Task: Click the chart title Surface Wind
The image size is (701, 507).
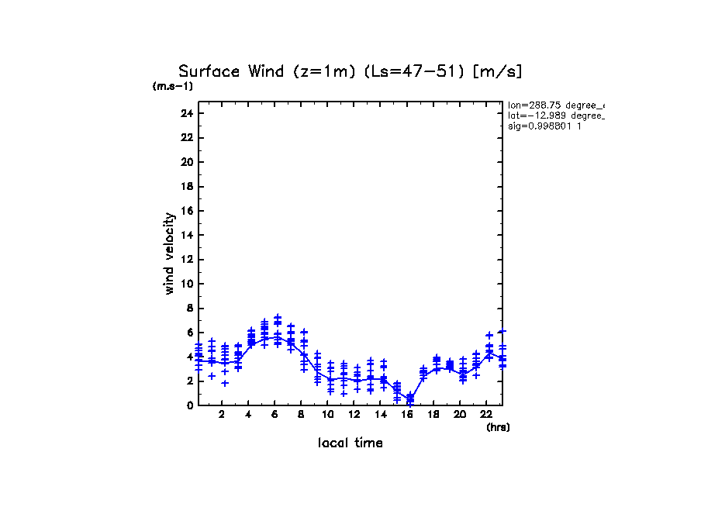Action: pos(233,72)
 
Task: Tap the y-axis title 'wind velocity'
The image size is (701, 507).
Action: pos(169,253)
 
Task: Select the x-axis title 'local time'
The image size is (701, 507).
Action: pos(350,443)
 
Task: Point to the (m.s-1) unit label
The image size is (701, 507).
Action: pos(173,87)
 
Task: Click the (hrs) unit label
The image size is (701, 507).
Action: pos(498,427)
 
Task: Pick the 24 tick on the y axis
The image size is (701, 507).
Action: pos(186,113)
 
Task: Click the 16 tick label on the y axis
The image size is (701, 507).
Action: pos(186,211)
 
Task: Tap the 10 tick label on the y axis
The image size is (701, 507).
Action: pos(186,284)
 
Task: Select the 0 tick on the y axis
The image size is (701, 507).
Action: pos(188,405)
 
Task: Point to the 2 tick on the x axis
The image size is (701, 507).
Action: pos(222,415)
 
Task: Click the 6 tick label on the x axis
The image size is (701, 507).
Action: pos(275,415)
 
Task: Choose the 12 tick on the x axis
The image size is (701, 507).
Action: pos(354,415)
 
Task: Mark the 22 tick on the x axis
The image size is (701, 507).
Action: pos(486,415)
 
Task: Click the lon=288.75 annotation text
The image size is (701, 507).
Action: pos(555,105)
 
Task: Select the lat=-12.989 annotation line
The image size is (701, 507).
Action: pos(555,115)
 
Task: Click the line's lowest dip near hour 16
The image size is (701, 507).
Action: pos(410,398)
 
